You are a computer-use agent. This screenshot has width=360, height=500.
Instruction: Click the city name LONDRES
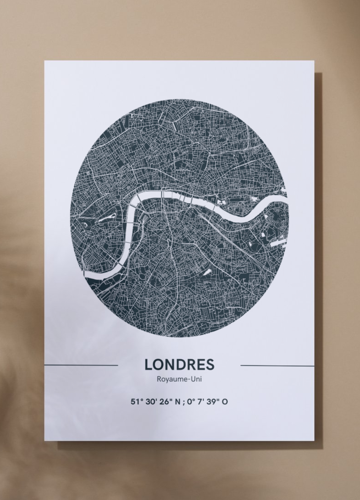point(179,364)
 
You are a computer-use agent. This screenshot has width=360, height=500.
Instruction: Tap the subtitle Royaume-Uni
point(179,379)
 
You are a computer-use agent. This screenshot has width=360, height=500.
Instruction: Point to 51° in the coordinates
point(137,402)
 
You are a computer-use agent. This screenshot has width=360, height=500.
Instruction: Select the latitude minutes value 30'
point(151,402)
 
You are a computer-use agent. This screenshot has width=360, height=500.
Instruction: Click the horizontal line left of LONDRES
point(81,365)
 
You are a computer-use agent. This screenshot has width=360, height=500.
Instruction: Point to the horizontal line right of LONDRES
point(277,365)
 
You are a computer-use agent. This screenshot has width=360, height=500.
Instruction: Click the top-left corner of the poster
point(45,61)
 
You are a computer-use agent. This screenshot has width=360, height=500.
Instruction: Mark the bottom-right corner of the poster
point(315,441)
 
